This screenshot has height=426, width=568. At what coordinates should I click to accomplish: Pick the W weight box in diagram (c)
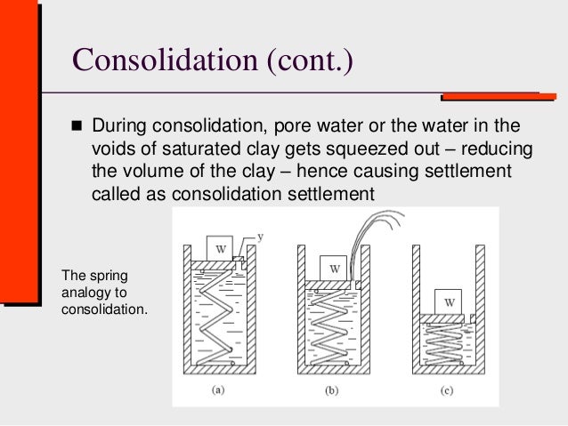(x=450, y=302)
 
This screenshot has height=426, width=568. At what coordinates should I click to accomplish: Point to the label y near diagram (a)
(x=260, y=236)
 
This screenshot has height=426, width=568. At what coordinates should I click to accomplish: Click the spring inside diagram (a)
(x=217, y=316)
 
